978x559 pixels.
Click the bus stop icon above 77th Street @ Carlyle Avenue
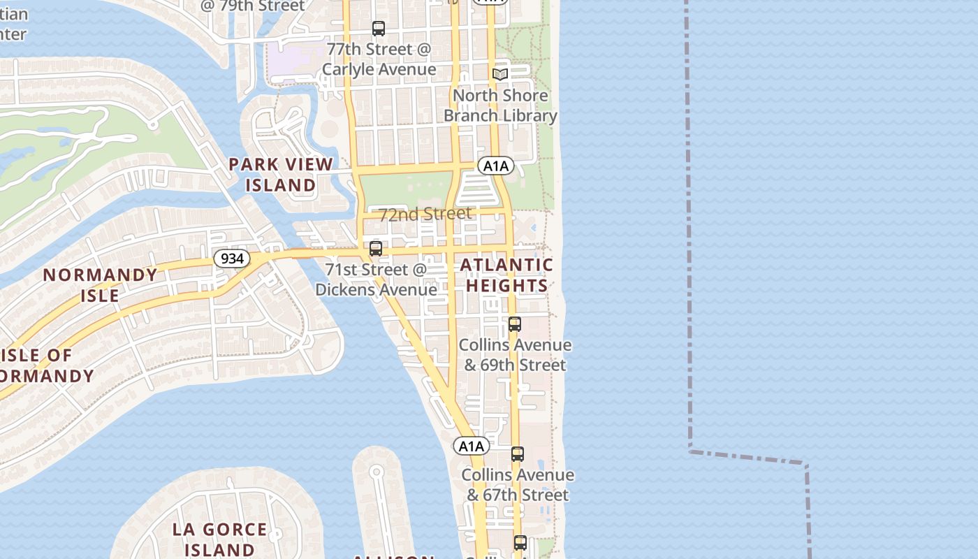click(x=379, y=29)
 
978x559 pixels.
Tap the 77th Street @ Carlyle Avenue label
click(x=379, y=59)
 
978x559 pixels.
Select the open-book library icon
click(x=499, y=74)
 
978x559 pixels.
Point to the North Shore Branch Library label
click(x=500, y=106)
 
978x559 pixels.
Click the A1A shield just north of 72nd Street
click(x=496, y=166)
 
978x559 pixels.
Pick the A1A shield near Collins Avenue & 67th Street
click(x=472, y=446)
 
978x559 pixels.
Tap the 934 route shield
click(x=232, y=259)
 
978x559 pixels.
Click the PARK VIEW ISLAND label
click(x=281, y=175)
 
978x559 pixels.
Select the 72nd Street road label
click(x=425, y=214)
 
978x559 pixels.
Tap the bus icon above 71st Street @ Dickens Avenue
click(x=376, y=249)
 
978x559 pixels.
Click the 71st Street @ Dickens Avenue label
click(x=376, y=279)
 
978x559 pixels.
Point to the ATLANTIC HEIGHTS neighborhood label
click(x=506, y=275)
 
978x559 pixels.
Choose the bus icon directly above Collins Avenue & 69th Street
click(x=515, y=324)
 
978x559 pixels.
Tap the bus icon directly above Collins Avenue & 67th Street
click(x=518, y=454)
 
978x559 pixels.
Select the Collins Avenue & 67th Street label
click(x=518, y=485)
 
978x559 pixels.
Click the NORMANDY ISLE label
click(x=101, y=285)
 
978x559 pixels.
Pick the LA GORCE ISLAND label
click(x=219, y=539)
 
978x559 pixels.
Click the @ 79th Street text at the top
click(x=252, y=6)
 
